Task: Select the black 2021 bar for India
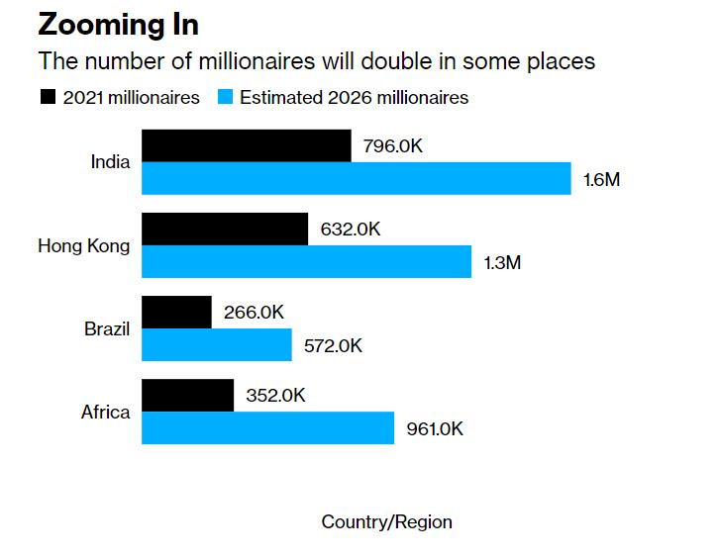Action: point(246,145)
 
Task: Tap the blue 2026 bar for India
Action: point(357,179)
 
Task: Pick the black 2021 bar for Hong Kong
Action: point(225,229)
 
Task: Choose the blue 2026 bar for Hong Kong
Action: point(307,262)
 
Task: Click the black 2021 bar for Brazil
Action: point(177,312)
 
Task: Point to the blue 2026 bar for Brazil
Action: point(217,345)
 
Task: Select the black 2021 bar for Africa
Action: point(188,395)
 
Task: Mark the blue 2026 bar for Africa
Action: point(268,428)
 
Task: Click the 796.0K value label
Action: point(393,146)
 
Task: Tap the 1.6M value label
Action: point(601,180)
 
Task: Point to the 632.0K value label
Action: point(351,230)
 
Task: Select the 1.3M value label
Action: point(502,263)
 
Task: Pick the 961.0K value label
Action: point(435,429)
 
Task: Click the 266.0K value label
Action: point(254,313)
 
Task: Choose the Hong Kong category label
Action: point(83,245)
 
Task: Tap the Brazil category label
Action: point(107,328)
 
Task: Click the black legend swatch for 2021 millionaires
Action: point(47,97)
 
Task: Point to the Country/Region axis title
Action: point(386,522)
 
